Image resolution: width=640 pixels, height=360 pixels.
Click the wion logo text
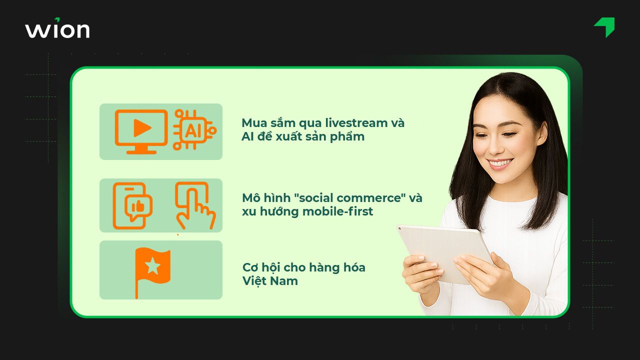[57, 29]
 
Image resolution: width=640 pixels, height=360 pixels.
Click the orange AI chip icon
[193, 130]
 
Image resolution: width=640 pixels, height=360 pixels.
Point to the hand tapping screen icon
[195, 205]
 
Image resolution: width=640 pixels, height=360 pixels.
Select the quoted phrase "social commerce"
[349, 197]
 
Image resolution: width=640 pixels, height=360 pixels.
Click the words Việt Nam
[270, 281]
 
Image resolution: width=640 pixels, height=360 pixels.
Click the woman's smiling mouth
[500, 163]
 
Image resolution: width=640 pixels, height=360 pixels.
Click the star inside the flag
[152, 266]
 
